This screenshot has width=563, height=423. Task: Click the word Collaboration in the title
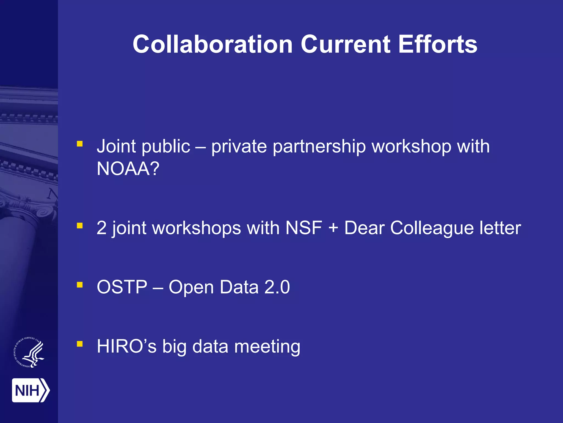(x=212, y=45)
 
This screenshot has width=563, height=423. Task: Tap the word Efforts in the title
(x=438, y=45)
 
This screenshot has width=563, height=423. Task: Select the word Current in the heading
(x=345, y=45)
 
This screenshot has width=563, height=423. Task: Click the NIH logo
(x=31, y=390)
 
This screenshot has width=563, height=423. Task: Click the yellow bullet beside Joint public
(x=80, y=144)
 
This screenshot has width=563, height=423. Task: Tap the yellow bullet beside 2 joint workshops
(x=80, y=226)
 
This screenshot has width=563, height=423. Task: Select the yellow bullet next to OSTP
(x=80, y=285)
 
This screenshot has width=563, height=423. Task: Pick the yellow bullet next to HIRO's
(x=80, y=344)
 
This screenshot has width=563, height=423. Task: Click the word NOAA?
(x=128, y=169)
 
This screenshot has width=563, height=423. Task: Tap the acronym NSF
(x=303, y=228)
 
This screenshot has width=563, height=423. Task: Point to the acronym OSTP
(x=122, y=287)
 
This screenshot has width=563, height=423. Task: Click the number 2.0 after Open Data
(x=277, y=287)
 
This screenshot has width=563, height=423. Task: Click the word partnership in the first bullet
(x=319, y=147)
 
